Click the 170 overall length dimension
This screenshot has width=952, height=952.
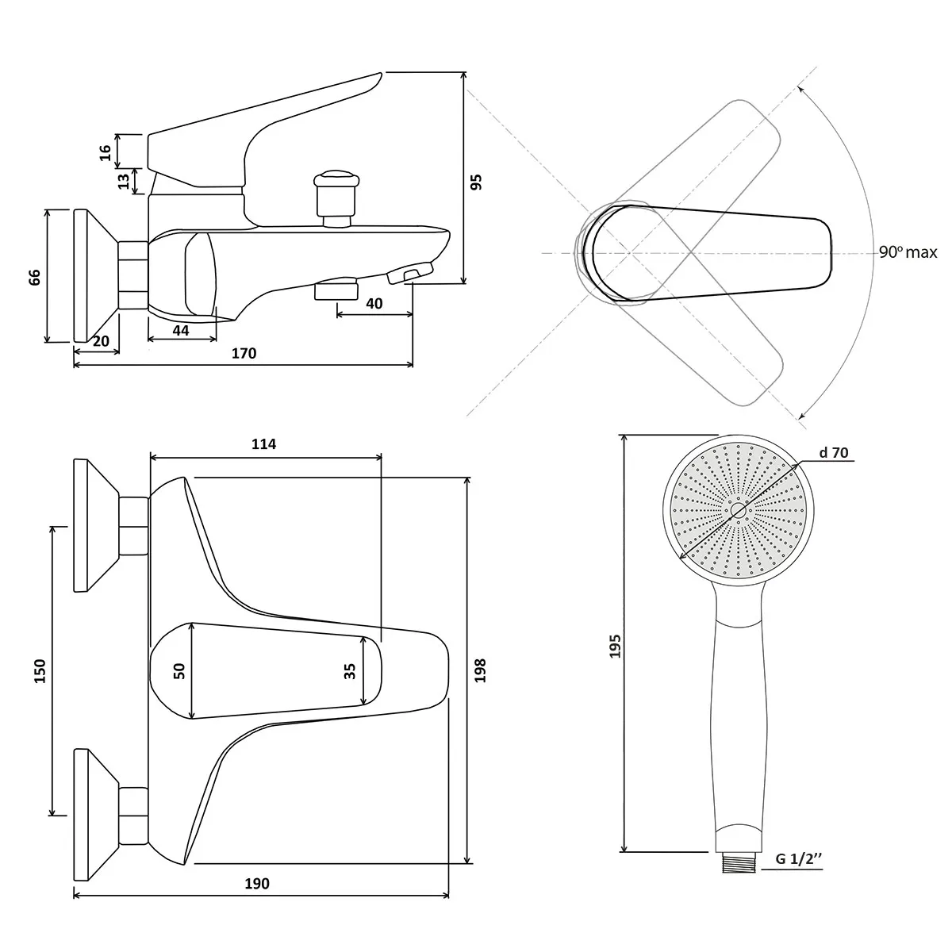tap(244, 353)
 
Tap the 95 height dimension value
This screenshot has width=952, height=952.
tap(476, 182)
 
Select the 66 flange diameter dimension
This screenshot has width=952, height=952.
tap(35, 277)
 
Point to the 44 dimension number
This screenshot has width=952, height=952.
tap(181, 331)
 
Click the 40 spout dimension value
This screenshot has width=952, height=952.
tap(374, 303)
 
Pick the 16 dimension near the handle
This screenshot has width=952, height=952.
tap(106, 152)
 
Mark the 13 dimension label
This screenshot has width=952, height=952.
tap(124, 182)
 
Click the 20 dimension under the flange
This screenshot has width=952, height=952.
tap(101, 341)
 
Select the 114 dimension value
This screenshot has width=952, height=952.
tap(264, 443)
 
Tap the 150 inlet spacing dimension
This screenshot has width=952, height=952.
tap(40, 671)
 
